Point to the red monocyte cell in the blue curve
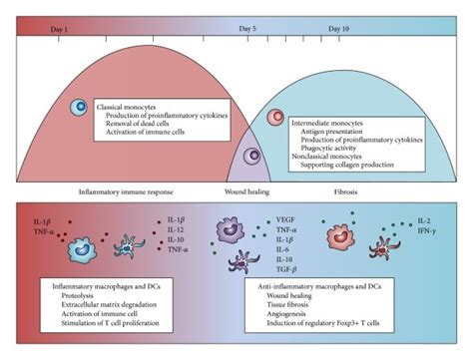click(x=276, y=118)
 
